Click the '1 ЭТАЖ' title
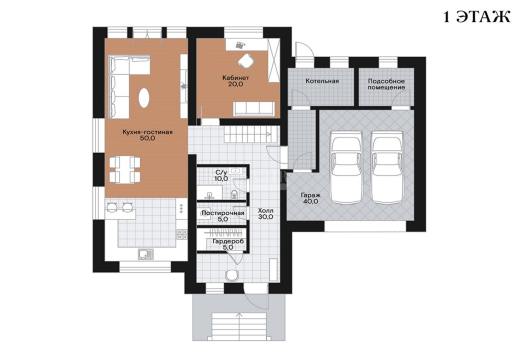476,17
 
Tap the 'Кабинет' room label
236,78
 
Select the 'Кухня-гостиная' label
147,132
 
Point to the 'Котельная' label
322,81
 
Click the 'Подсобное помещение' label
386,85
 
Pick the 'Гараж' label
310,195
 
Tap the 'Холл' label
266,211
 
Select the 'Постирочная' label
223,213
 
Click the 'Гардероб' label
228,242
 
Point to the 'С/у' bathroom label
221,172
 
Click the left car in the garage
347,168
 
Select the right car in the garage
387,168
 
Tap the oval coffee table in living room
144,98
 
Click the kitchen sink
146,255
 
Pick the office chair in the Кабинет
245,60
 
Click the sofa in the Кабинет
254,109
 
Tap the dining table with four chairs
125,170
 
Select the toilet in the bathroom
234,195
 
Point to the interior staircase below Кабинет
251,134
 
